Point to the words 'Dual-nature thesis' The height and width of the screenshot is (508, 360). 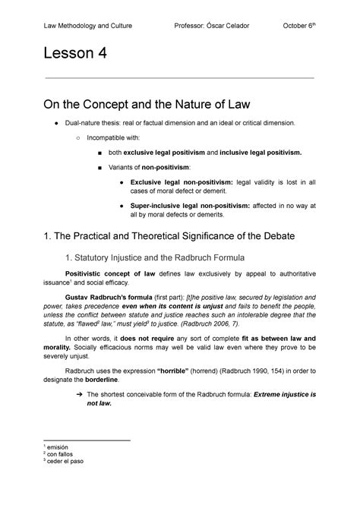click(97, 122)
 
